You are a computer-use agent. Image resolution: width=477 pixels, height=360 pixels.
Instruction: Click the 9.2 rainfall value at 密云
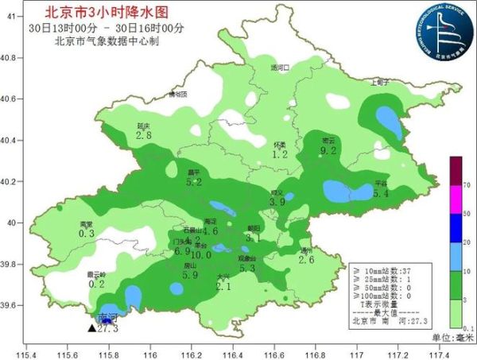pos(328,150)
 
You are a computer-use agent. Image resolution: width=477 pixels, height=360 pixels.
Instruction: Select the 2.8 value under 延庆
pos(144,136)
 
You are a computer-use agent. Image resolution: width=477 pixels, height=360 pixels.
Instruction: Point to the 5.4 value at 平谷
pos(381,193)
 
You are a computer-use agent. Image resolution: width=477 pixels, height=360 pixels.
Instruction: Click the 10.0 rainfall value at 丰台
pos(200,255)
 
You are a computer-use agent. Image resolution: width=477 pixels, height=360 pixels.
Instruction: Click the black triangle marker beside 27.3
pos(91,327)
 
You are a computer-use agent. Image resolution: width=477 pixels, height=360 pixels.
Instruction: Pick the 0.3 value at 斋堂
pos(87,234)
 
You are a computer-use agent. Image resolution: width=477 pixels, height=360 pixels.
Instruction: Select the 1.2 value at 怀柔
pos(280,154)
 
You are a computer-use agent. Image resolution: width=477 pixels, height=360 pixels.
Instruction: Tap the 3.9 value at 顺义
pos(277,203)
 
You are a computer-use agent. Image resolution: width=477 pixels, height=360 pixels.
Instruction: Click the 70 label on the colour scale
pos(468,184)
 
